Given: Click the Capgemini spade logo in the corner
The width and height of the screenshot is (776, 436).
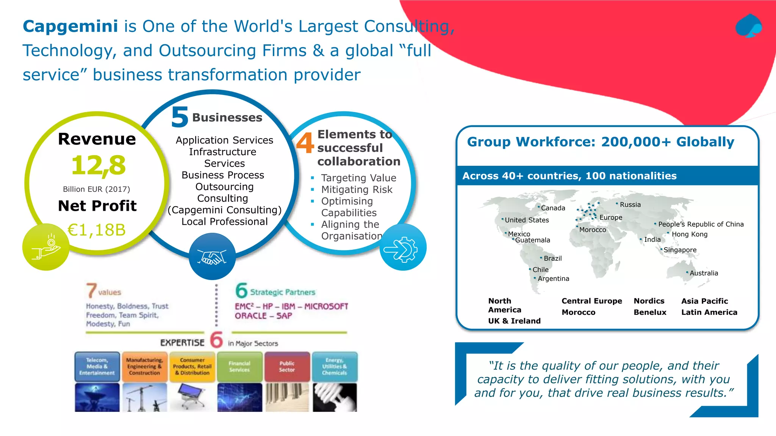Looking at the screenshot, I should pos(749,26).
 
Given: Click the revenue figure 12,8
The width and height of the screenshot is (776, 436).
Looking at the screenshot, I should pos(98,166).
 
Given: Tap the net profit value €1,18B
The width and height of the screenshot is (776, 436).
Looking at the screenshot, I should pos(97,230).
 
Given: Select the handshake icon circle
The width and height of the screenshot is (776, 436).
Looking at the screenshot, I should pos(212,257).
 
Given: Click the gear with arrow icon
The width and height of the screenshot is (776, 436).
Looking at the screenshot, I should pos(403,248).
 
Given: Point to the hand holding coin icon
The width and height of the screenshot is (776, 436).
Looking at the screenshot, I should pos(46,247).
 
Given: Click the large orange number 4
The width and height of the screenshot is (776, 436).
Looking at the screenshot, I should pos(305,143).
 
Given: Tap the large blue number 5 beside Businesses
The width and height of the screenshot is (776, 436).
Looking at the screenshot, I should pos(180,117).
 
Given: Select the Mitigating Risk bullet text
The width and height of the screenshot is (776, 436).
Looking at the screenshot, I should pos(357,190).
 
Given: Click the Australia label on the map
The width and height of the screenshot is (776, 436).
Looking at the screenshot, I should pos(704,273).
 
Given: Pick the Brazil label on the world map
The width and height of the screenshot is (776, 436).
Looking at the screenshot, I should pos(552,258).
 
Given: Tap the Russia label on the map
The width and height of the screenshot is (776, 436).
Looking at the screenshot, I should pos(630,205).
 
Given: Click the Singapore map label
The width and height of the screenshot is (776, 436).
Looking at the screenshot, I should pos(680,250).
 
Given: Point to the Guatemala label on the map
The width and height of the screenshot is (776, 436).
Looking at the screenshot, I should pos(532,240).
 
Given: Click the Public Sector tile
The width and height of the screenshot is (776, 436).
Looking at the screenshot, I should pos(287,366).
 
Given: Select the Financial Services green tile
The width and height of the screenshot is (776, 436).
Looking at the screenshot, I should pos(239,366).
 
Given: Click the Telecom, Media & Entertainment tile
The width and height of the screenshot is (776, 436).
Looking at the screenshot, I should pos(97,366).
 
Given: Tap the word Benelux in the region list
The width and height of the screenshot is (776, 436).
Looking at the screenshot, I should pos(650,312).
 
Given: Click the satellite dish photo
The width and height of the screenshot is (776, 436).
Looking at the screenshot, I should pos(97,397).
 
